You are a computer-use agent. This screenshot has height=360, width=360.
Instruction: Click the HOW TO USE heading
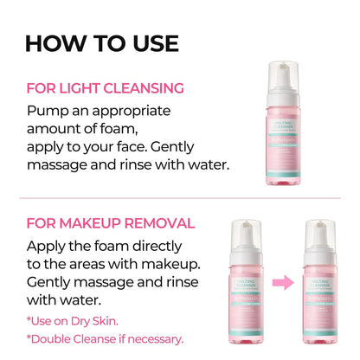pos(101,42)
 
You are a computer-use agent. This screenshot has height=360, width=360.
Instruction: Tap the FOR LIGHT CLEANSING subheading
pos(105,87)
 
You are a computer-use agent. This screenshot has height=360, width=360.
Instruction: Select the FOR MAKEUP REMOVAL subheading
pos(110,222)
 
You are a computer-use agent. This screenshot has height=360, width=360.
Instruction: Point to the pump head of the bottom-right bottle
pos(325,230)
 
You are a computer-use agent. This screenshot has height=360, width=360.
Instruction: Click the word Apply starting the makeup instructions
pos(48,246)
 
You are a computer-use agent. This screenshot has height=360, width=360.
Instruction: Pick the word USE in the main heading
pos(150,42)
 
